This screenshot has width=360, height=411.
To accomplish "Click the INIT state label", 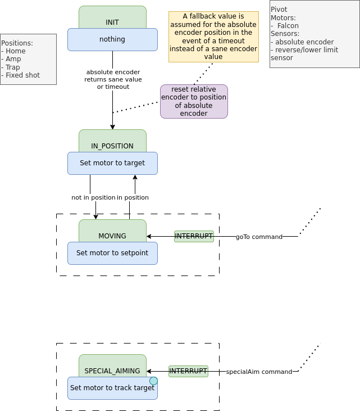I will click(x=112, y=22).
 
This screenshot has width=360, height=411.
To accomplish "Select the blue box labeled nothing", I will click(x=112, y=39).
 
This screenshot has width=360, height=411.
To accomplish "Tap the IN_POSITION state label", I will click(x=112, y=146).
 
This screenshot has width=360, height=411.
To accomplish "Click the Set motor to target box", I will click(x=112, y=163).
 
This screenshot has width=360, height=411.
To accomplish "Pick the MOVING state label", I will click(x=112, y=236).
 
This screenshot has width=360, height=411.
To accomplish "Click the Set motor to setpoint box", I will click(x=112, y=253).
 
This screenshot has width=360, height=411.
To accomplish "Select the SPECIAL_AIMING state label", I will click(x=112, y=371).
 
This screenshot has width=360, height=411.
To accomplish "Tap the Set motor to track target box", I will click(x=112, y=388).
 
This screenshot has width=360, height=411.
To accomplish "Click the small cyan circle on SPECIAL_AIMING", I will click(x=153, y=381).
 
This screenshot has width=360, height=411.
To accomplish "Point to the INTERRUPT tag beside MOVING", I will click(x=194, y=236).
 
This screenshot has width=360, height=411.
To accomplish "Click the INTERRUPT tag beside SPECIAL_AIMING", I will click(x=188, y=371).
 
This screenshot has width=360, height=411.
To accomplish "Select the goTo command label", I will click(x=259, y=237).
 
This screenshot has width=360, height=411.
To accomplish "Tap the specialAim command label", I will click(x=259, y=372).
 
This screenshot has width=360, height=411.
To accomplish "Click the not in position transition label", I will click(x=93, y=197).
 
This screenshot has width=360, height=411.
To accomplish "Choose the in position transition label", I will click(x=133, y=197).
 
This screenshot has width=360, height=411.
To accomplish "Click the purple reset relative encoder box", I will click(x=194, y=101).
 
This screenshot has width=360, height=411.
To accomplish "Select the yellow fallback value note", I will click(x=213, y=37).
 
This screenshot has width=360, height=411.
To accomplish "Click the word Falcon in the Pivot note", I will click(x=288, y=25).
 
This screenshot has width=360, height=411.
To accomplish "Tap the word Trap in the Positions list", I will click(x=12, y=67).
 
